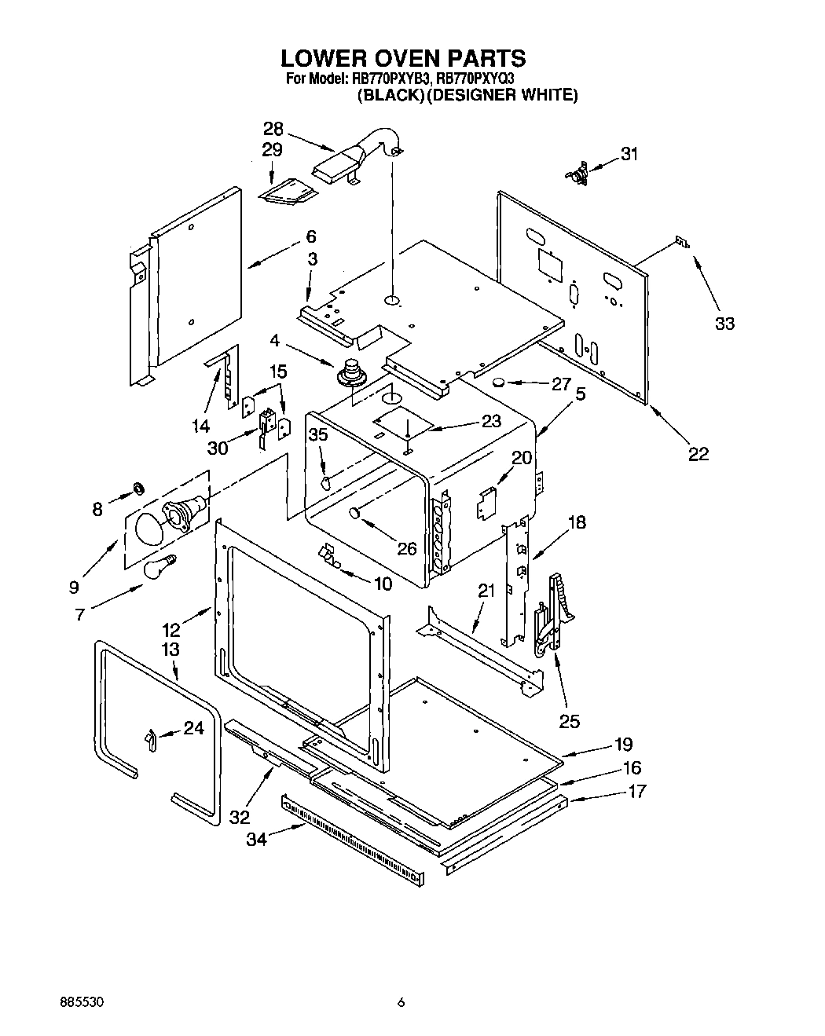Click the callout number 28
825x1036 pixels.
(x=273, y=130)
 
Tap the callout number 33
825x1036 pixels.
(x=724, y=323)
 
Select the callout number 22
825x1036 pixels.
(x=698, y=453)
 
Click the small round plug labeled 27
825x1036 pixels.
(x=497, y=383)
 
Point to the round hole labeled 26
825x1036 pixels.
(x=354, y=514)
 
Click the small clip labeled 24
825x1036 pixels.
(x=151, y=739)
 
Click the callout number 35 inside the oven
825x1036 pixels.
(x=317, y=434)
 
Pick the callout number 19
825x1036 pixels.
(x=623, y=744)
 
